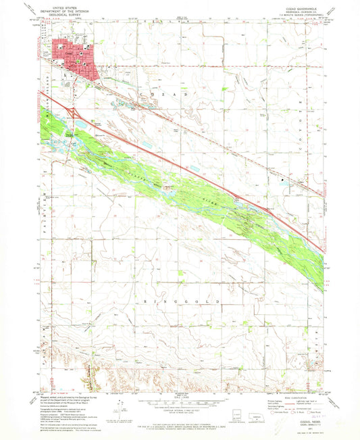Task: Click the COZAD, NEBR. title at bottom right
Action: (x=299, y=413)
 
